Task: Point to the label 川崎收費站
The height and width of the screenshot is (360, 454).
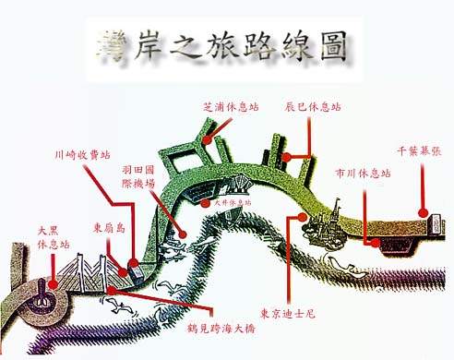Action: point(81,156)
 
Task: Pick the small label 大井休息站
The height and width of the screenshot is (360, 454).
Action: point(233,202)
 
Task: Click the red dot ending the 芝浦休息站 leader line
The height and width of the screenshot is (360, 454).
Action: point(207,141)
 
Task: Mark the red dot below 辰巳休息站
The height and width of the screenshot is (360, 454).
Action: point(287,157)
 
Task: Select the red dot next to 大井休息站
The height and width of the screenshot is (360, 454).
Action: point(205,202)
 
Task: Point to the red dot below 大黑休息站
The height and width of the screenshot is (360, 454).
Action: point(54,284)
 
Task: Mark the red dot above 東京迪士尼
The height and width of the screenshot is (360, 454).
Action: point(304,216)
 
